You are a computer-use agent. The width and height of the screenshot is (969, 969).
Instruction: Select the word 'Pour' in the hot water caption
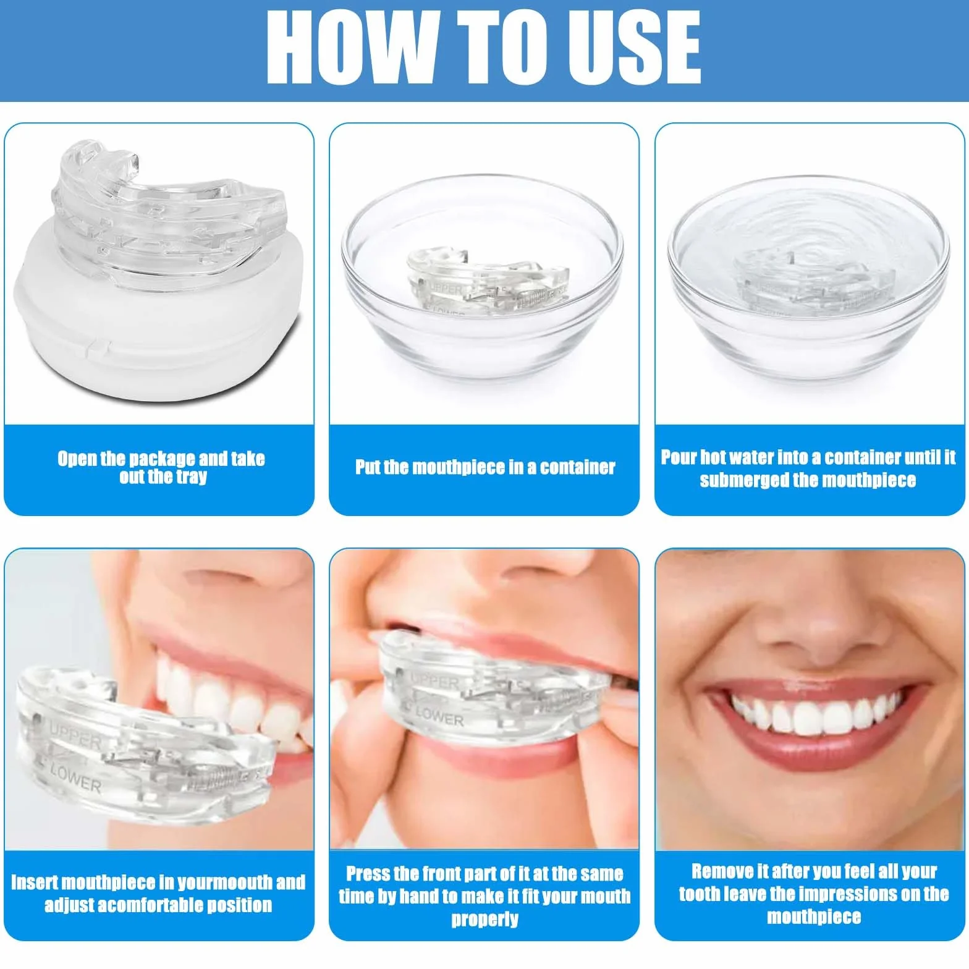coord(679,457)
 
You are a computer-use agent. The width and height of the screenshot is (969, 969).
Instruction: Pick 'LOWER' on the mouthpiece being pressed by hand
coord(439,717)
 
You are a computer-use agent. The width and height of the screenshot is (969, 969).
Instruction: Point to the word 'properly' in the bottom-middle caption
coord(485,920)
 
